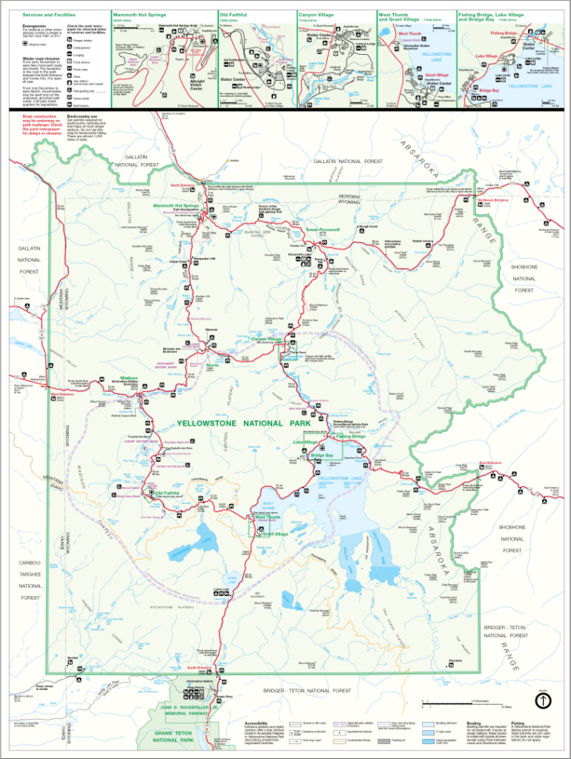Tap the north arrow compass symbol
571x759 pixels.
click(x=542, y=703)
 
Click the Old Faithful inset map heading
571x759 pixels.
click(x=234, y=14)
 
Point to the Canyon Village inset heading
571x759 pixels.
click(x=318, y=14)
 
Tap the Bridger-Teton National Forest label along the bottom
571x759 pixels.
click(x=307, y=690)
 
